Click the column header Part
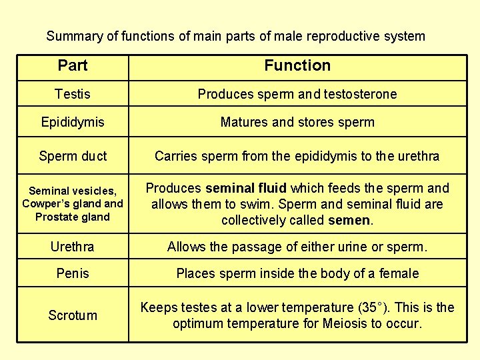point(73,65)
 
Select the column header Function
point(297,65)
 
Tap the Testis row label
point(73,94)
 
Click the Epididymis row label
point(73,123)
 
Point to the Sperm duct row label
point(73,157)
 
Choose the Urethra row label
point(73,247)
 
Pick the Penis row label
point(73,273)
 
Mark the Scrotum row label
point(73,315)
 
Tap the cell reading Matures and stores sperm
point(297,123)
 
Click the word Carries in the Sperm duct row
point(175,157)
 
